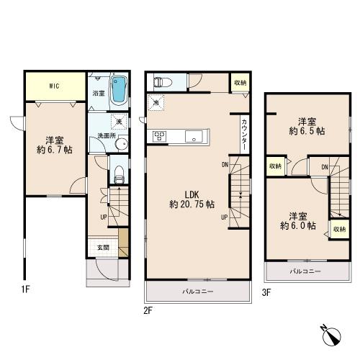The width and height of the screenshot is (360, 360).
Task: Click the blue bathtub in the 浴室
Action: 119,90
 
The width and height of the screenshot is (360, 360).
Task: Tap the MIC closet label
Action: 55,86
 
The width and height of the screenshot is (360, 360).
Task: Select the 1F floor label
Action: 25,289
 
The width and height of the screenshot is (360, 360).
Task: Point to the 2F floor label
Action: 148,311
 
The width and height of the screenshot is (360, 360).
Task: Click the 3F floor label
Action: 266,292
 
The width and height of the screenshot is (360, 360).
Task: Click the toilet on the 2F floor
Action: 163,82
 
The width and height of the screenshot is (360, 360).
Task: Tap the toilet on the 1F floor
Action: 119,175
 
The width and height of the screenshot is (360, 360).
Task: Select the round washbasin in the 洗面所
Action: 122,144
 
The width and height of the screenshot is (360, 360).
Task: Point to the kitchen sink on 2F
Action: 194,136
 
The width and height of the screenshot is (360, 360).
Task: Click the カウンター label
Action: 244,135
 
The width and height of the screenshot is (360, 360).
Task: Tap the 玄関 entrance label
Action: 103,248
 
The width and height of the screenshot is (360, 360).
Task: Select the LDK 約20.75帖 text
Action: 192,199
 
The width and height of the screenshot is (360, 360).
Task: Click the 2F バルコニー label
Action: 198,292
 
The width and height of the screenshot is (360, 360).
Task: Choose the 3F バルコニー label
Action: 305,271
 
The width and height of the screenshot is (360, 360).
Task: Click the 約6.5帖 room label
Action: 307,131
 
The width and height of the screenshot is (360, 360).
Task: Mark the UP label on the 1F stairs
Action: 104,217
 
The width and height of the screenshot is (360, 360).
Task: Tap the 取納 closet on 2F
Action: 240,83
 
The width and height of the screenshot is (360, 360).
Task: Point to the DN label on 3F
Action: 325,167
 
